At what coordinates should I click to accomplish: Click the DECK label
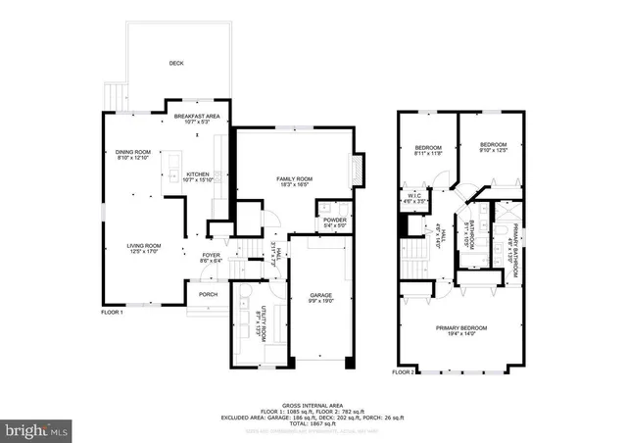click(x=176, y=63)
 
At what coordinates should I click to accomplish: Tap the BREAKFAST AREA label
click(x=197, y=117)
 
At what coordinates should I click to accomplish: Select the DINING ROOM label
click(x=133, y=152)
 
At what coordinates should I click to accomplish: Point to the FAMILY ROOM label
click(x=295, y=177)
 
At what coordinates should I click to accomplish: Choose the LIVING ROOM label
click(x=145, y=245)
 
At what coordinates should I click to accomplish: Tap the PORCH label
click(x=209, y=294)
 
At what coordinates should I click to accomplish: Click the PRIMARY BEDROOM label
click(x=461, y=327)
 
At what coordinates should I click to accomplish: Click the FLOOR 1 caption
click(x=112, y=313)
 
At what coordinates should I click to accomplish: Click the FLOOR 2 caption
click(x=404, y=372)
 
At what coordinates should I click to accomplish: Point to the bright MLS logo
click(x=35, y=429)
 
